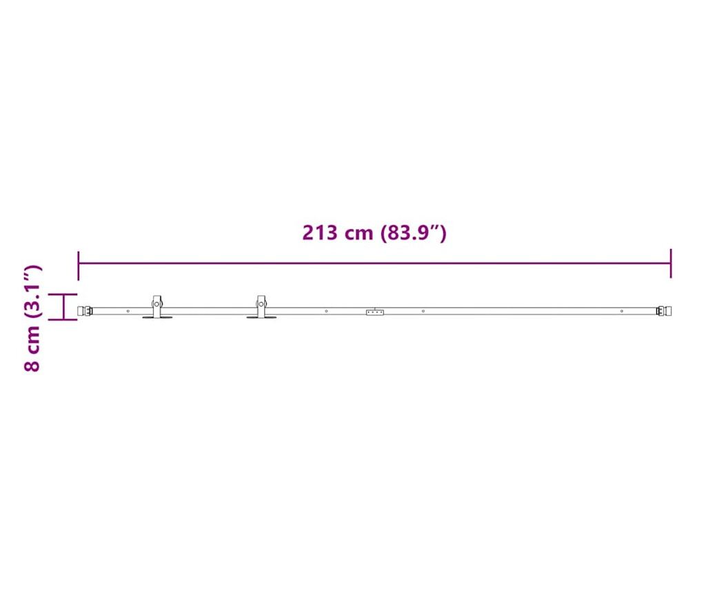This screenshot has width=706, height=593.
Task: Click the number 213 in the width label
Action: pos(320,233)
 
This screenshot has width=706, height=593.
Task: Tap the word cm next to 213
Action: pos(359,234)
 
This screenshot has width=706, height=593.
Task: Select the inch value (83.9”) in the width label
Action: pos(414,233)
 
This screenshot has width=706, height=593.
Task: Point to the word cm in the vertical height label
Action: pos(33,337)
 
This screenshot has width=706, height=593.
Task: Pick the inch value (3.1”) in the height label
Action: pos(33,292)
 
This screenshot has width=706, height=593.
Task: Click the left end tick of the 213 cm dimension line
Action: pos(79,265)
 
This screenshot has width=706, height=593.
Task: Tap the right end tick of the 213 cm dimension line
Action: pos(671,263)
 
